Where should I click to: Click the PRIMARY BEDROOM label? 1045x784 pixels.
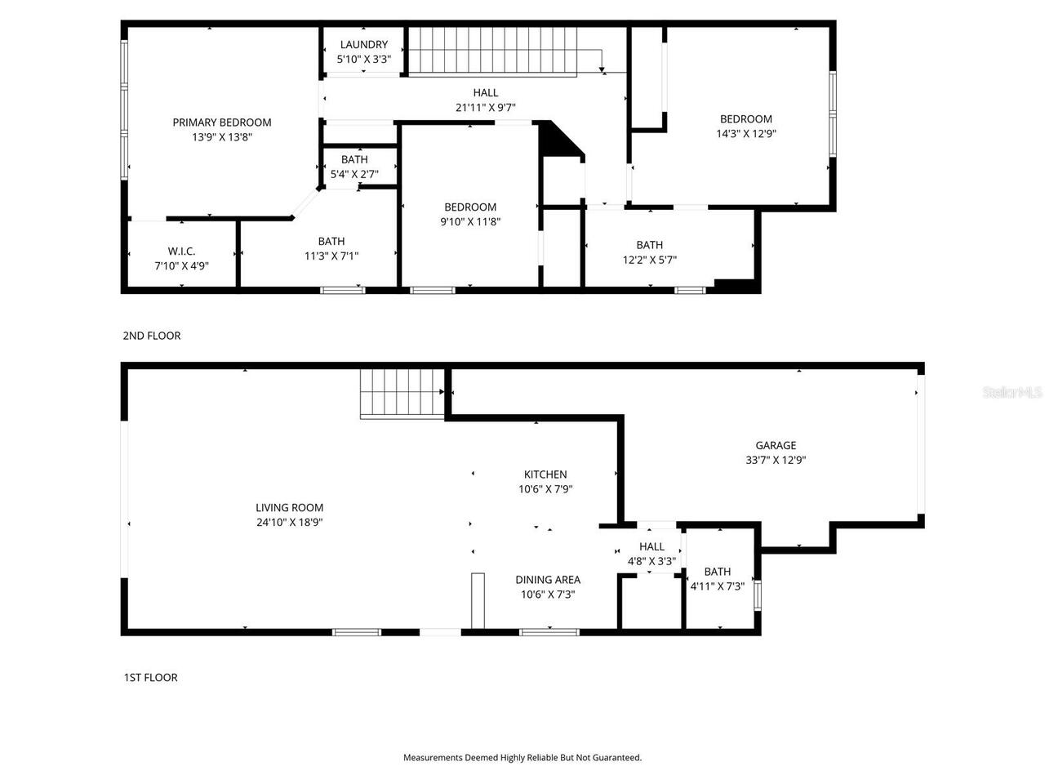click(x=221, y=122)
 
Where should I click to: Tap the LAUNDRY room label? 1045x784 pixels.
click(x=363, y=45)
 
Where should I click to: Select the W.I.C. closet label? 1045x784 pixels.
click(x=181, y=252)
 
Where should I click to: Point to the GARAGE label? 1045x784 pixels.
click(x=775, y=446)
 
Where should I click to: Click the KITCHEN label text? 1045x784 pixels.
click(x=545, y=474)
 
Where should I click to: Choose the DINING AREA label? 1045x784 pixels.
click(x=547, y=580)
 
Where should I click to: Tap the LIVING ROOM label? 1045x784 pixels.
click(x=289, y=508)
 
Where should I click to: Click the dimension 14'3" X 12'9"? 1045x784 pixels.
click(x=745, y=134)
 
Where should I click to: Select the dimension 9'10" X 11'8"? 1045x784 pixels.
click(x=469, y=221)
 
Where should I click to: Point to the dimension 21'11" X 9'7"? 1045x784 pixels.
click(x=485, y=107)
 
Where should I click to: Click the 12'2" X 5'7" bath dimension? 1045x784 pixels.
click(x=649, y=260)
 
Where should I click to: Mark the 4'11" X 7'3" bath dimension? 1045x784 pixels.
click(x=717, y=586)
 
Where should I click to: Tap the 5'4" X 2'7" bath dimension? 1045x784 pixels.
click(x=354, y=173)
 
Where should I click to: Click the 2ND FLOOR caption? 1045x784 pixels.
click(x=151, y=336)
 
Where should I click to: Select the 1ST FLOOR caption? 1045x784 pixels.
click(x=150, y=677)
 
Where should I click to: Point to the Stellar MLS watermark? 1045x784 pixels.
click(x=1012, y=393)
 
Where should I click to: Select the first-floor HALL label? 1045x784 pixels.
click(x=651, y=546)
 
